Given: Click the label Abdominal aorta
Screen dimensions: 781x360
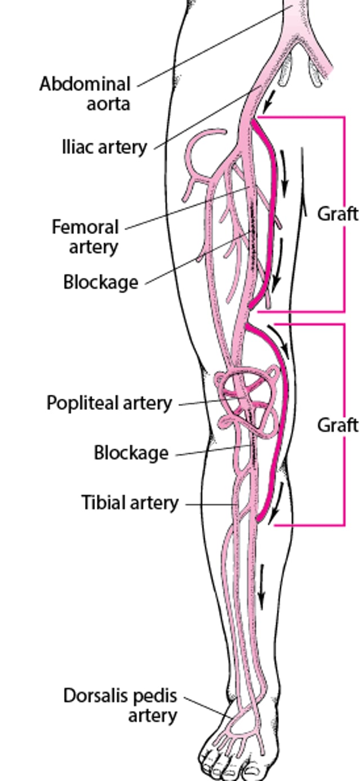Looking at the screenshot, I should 85,94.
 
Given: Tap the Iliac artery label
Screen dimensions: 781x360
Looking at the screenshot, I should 104,147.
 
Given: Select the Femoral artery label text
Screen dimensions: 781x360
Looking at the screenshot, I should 85,237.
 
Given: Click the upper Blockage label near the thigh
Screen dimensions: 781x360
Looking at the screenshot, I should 101,282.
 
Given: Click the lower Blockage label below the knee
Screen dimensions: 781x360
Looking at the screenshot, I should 131,453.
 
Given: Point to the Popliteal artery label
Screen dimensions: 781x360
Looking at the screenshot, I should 109,403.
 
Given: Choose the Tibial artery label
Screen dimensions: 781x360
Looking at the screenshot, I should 130,503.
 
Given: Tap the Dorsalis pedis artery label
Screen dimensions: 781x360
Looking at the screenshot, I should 120,705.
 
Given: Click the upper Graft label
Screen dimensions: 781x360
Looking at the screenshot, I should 337,214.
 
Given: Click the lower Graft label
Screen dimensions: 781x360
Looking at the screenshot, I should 337,425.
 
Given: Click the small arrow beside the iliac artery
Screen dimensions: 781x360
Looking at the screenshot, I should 271,102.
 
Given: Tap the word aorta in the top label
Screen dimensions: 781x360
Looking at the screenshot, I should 108,104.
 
